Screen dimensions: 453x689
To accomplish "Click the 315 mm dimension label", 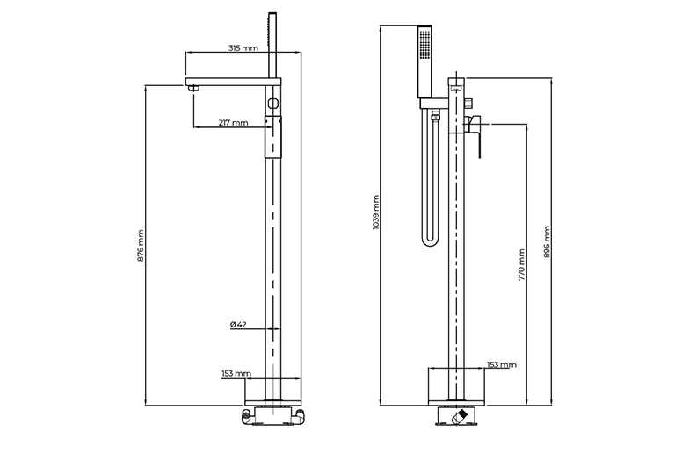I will [x=243, y=48].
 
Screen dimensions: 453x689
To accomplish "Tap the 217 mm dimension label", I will [x=232, y=122].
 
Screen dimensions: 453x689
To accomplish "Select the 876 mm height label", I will [x=141, y=246].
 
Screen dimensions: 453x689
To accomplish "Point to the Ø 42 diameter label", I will [x=237, y=324].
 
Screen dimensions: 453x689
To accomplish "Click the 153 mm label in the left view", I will [x=236, y=373].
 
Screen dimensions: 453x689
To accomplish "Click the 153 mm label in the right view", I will [x=501, y=364].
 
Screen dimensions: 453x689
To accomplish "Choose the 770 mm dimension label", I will [x=522, y=263].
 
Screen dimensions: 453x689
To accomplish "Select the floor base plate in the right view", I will [x=456, y=386].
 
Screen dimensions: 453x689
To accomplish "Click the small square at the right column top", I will [x=456, y=86].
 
